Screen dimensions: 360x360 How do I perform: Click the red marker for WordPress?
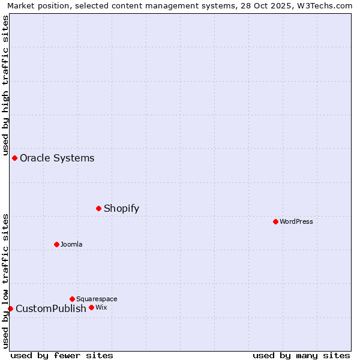[x=275, y=221]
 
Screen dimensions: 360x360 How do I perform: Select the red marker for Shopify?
[x=99, y=208]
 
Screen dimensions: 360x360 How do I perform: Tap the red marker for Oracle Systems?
[x=15, y=158]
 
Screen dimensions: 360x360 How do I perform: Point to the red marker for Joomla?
[x=57, y=244]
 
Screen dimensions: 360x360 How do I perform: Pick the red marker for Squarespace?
[x=72, y=299]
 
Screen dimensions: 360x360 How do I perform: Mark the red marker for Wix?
[x=91, y=307]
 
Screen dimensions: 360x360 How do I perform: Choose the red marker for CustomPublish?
[x=10, y=308]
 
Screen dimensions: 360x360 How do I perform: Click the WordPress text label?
[x=296, y=222]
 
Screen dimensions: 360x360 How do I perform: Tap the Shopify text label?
[x=121, y=209]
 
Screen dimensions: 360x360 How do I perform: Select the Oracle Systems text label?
[x=57, y=158]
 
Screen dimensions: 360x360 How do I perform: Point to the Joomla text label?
[x=71, y=245]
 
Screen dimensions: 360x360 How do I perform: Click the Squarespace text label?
[x=97, y=299]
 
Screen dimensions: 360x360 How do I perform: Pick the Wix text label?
[x=101, y=308]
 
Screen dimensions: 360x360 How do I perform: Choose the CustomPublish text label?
[x=51, y=309]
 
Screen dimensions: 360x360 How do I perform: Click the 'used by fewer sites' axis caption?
[x=62, y=355]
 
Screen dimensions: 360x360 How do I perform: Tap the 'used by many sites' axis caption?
[x=301, y=355]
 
